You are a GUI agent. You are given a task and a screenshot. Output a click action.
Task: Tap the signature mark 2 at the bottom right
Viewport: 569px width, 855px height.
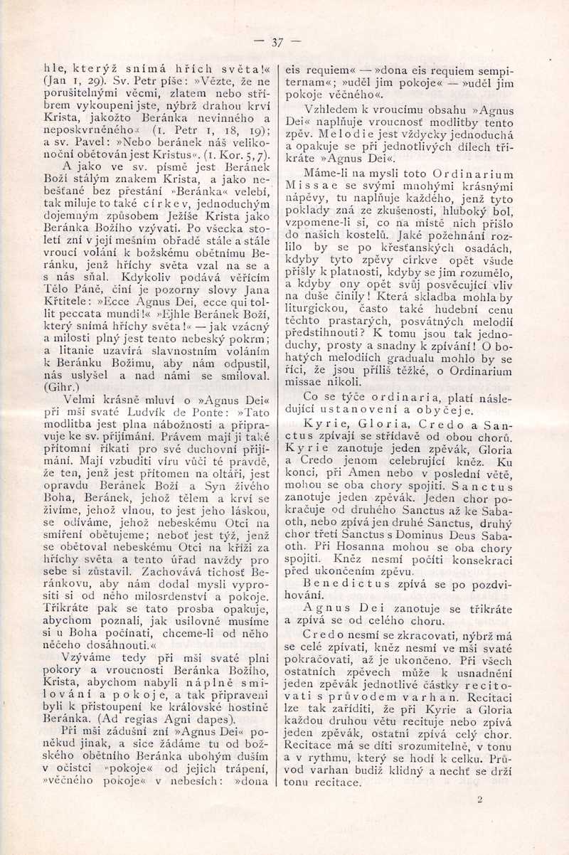pyautogui.click(x=480, y=800)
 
